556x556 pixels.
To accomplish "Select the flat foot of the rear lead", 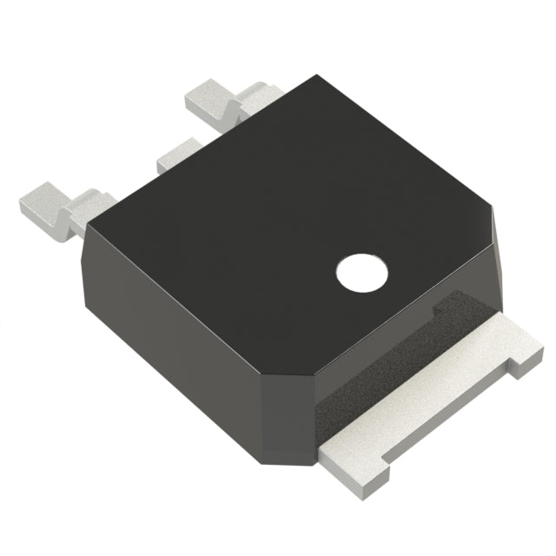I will pyautogui.click(x=208, y=97).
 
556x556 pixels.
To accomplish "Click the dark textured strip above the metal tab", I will pyautogui.click(x=382, y=365).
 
